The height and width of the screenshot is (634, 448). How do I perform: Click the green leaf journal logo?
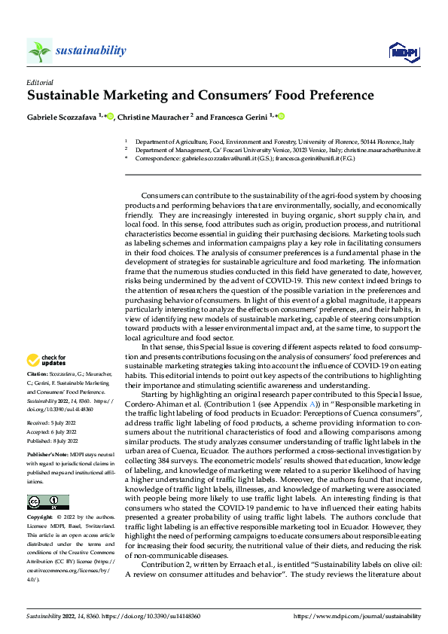click(40, 51)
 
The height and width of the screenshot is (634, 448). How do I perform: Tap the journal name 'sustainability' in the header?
click(90, 50)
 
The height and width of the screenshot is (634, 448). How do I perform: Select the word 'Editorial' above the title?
click(41, 81)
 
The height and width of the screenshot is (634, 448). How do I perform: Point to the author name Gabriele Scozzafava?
click(62, 117)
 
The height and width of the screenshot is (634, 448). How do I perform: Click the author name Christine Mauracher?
click(156, 117)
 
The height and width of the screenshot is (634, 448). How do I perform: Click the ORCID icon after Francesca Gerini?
click(282, 117)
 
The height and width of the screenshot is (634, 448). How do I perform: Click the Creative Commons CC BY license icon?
click(47, 480)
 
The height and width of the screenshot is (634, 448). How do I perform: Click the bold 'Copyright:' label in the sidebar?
click(40, 497)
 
